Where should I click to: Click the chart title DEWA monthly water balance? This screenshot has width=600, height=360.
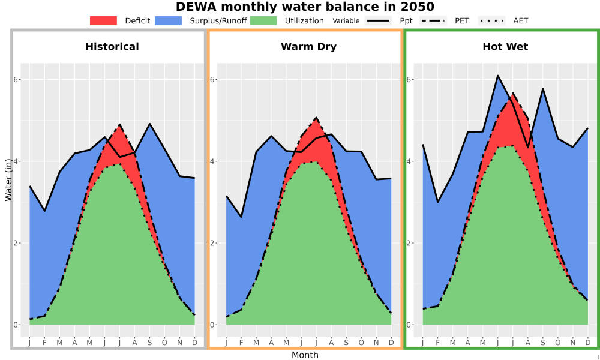coord(305,7)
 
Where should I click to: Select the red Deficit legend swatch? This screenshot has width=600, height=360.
coord(103,20)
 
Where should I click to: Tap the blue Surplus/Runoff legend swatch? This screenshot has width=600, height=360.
coord(169,20)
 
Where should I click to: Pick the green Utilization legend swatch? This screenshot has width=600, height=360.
coord(263,20)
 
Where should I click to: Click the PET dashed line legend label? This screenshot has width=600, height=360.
coord(462,21)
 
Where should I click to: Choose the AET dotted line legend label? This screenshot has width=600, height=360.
coord(521,21)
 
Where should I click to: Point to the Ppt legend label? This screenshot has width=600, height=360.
coord(406,21)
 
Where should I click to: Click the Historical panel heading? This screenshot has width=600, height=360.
coord(112,47)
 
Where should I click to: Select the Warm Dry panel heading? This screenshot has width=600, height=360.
coord(309,47)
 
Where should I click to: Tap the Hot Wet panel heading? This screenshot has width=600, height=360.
coord(505,47)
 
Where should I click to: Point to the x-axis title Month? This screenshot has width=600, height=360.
coord(305,355)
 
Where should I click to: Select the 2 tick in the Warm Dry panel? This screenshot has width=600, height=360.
coord(213,243)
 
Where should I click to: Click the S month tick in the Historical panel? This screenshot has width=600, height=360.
coord(149,343)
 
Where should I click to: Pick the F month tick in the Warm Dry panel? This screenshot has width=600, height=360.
coord(241,343)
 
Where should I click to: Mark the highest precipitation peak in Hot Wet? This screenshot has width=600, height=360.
coord(497,76)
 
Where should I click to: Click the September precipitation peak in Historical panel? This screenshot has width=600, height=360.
coord(149,124)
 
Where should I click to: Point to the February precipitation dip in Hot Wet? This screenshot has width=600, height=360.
coord(438,202)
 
